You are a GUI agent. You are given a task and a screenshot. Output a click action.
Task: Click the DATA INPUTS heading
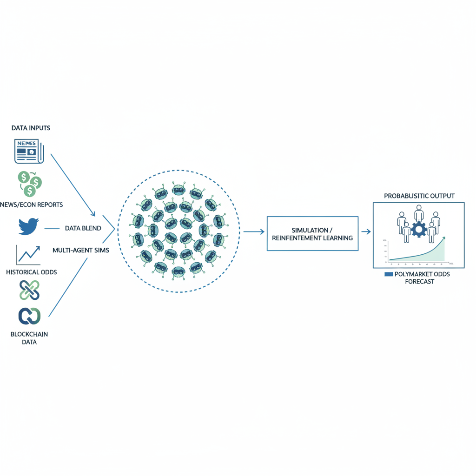pos(31,127)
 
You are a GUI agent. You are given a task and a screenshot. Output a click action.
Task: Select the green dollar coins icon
pos(29,183)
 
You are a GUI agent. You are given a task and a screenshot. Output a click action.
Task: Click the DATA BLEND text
pos(83,228)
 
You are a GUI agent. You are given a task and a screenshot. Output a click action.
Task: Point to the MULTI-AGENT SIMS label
pos(81,250)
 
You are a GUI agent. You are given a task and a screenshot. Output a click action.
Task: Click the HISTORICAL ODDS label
pos(32,272)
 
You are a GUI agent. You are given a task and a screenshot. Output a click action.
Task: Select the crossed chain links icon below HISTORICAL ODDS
pos(29,290)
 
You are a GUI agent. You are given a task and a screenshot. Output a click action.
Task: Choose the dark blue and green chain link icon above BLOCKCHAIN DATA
pos(29,316)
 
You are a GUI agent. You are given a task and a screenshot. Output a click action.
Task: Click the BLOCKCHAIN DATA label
pos(29,338)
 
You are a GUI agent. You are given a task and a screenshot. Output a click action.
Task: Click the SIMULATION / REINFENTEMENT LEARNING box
pos(312,234)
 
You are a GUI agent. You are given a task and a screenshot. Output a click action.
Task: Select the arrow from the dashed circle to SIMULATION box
pos(253,231)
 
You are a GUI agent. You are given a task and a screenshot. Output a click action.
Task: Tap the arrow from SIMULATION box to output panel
pos(366,231)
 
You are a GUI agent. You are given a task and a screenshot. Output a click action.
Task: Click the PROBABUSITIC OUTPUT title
pos(419,196)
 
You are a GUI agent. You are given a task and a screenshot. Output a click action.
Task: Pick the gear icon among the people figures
pos(419,230)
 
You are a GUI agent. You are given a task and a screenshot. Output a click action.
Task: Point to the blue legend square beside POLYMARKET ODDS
pos(389,274)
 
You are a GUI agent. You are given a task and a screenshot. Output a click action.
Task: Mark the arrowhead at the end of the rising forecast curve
pos(443,238)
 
